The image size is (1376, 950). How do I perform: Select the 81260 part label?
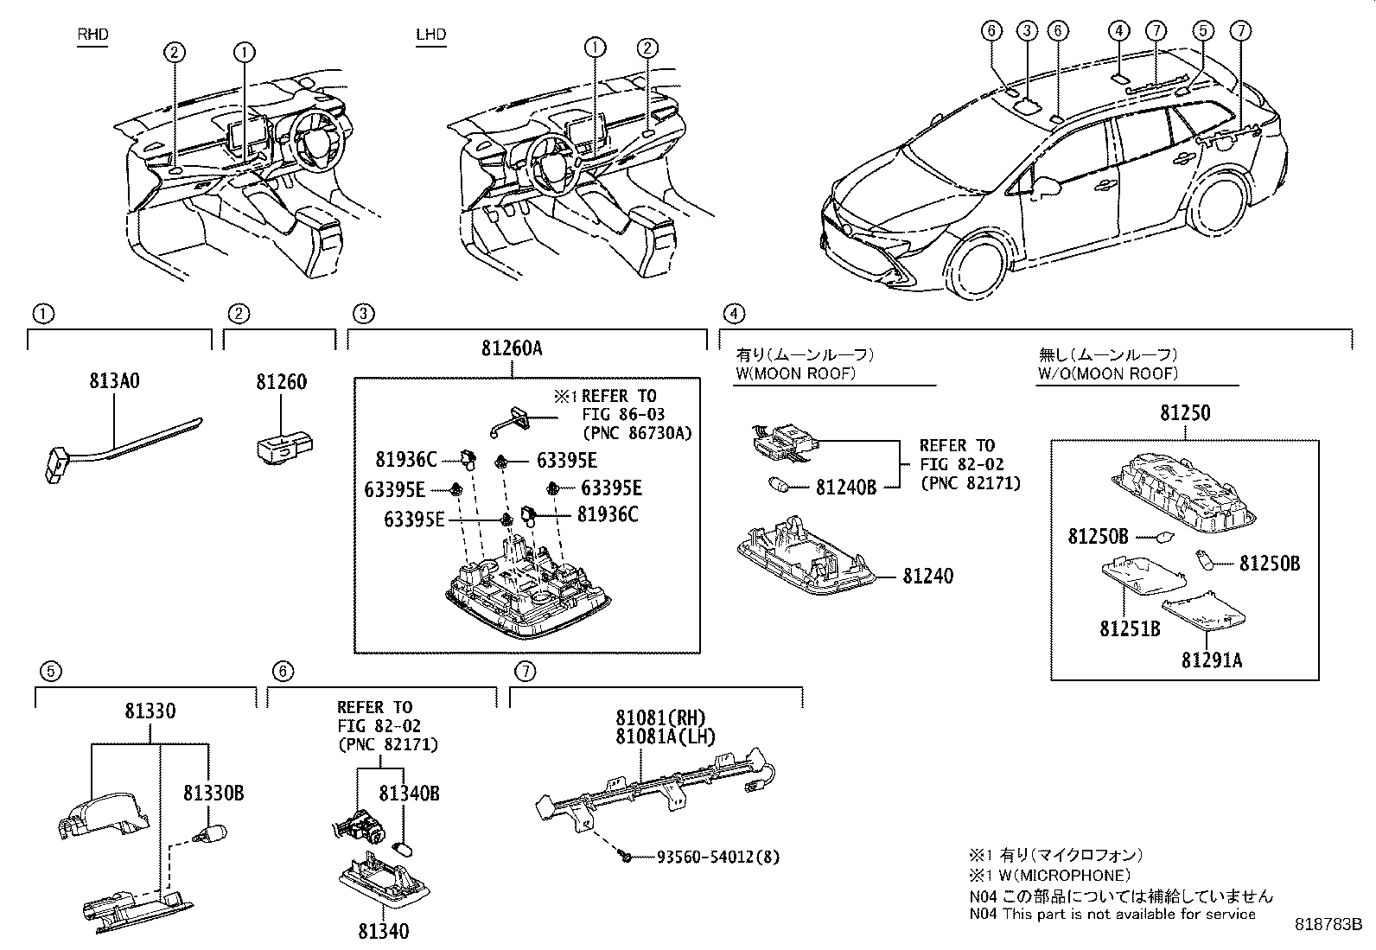click(x=281, y=381)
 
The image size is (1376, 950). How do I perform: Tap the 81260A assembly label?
click(x=512, y=349)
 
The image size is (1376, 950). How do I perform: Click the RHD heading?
click(x=92, y=35)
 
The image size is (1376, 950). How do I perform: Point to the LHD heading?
click(x=430, y=35)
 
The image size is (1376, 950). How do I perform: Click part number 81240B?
click(x=845, y=488)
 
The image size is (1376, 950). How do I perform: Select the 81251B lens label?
click(x=1130, y=629)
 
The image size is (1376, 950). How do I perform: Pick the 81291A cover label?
click(x=1212, y=660)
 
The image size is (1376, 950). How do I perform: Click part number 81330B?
click(x=213, y=793)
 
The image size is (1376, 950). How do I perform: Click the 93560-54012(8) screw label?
click(x=717, y=858)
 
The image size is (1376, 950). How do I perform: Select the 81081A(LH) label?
click(x=660, y=736)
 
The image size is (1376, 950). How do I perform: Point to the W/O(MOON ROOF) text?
click(x=1107, y=373)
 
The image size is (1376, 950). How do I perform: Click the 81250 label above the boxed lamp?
click(x=1184, y=413)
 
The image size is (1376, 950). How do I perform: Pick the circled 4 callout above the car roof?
click(x=1118, y=31)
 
